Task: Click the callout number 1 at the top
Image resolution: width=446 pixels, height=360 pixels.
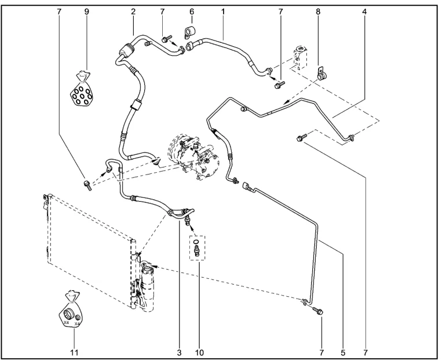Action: [x=223, y=11]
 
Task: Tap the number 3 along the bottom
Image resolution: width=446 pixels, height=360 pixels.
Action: [x=180, y=351]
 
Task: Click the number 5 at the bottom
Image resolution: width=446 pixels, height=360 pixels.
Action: [x=343, y=351]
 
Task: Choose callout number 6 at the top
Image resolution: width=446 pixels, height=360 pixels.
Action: [x=192, y=11]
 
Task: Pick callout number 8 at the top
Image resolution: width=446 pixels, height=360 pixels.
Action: [x=318, y=11]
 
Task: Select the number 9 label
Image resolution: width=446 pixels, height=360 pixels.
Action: [x=86, y=11]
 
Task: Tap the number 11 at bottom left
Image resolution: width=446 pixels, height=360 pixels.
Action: [x=74, y=351]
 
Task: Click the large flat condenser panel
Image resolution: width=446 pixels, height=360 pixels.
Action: [x=90, y=249]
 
